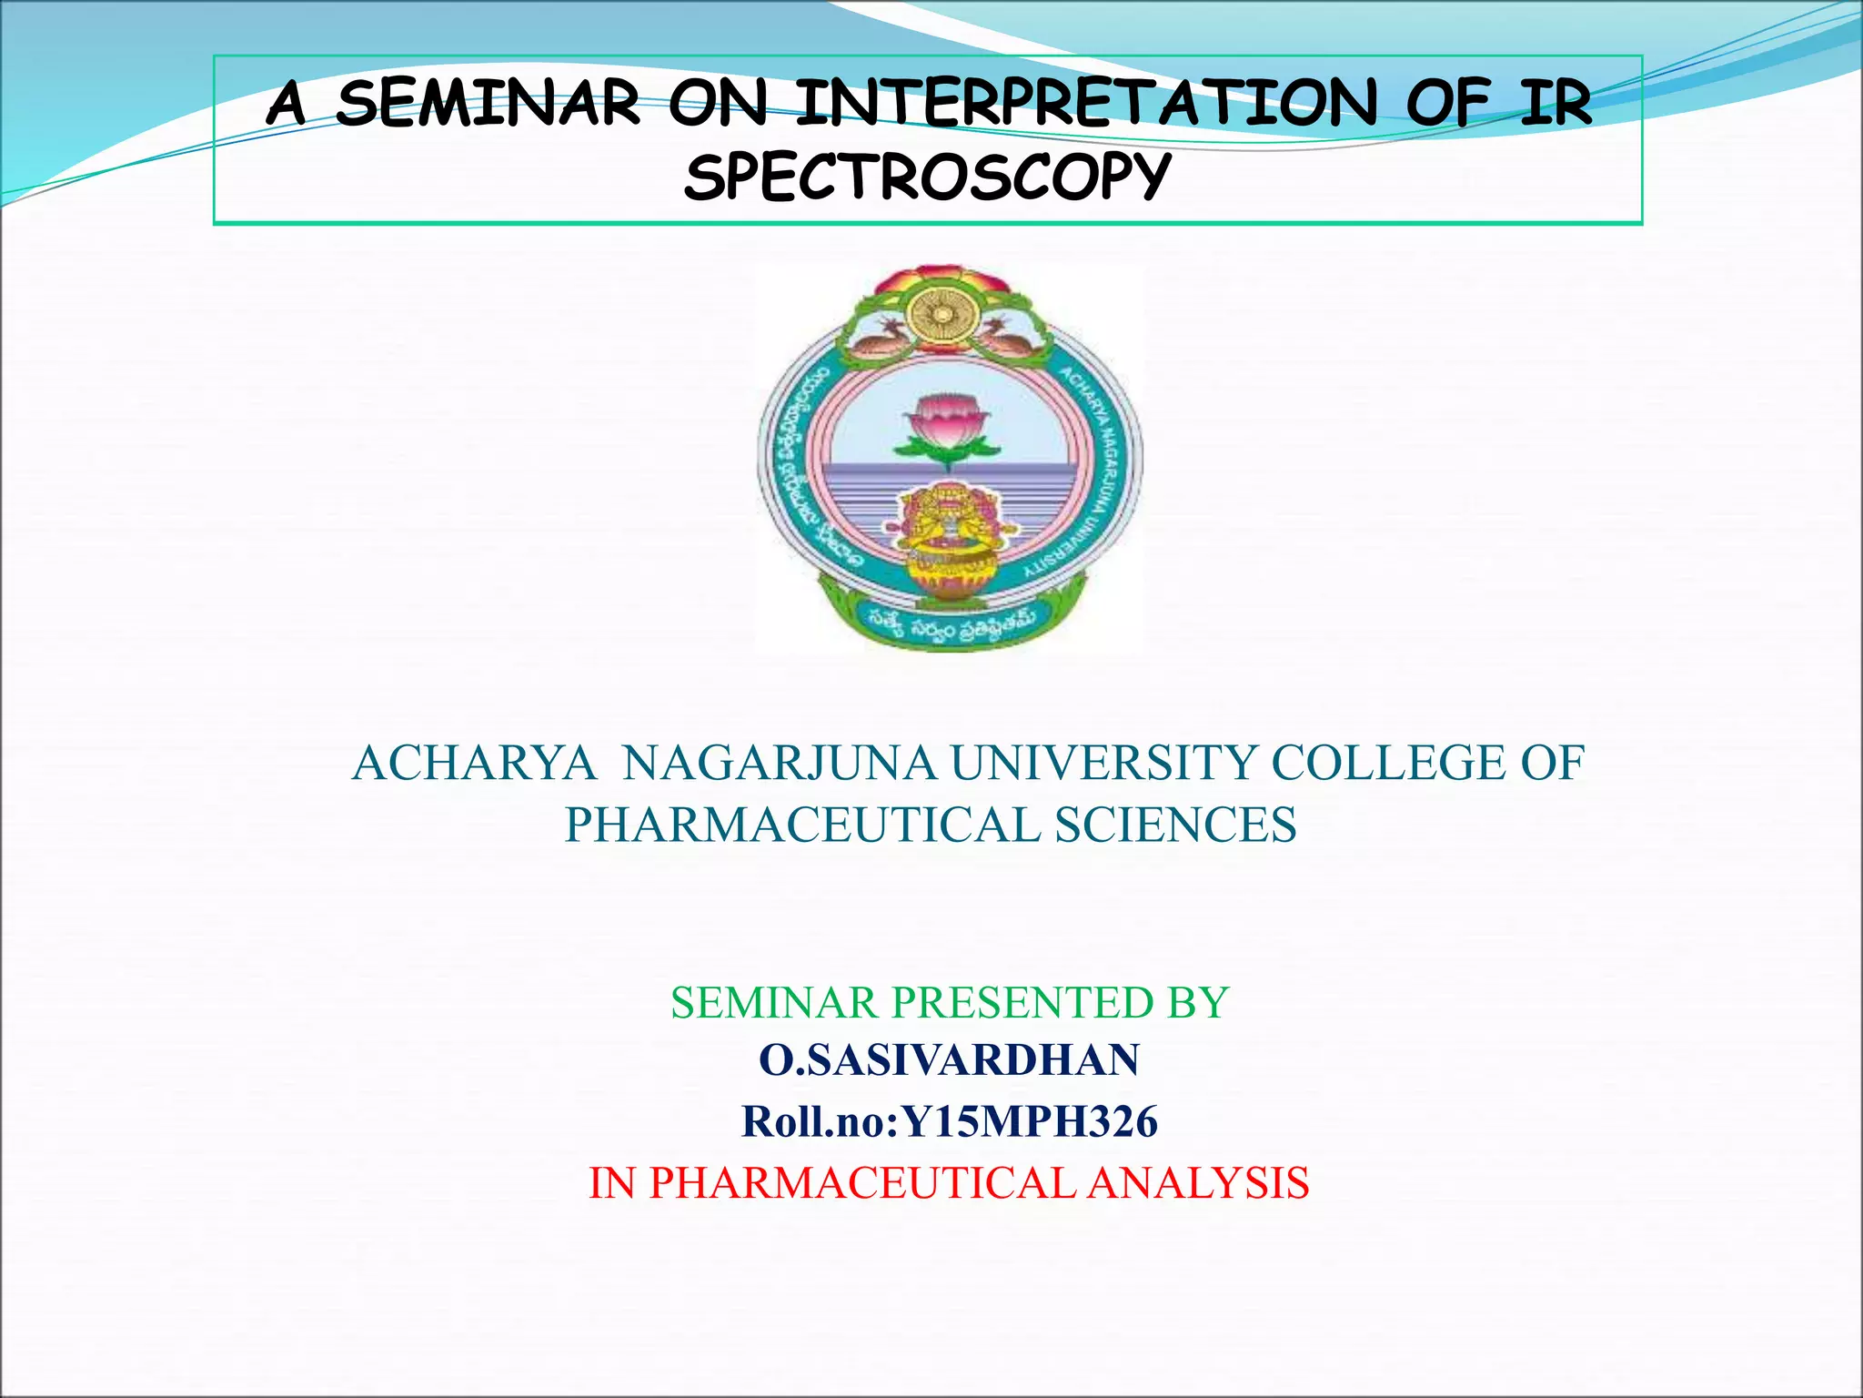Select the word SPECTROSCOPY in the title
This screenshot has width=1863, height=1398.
pyautogui.click(x=927, y=177)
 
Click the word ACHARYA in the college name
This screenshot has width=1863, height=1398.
pyautogui.click(x=475, y=763)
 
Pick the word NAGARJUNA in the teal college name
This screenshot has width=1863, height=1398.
pyautogui.click(x=779, y=763)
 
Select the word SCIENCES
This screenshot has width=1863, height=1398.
pyautogui.click(x=1175, y=825)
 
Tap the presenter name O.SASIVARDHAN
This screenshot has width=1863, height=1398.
pyautogui.click(x=949, y=1060)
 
